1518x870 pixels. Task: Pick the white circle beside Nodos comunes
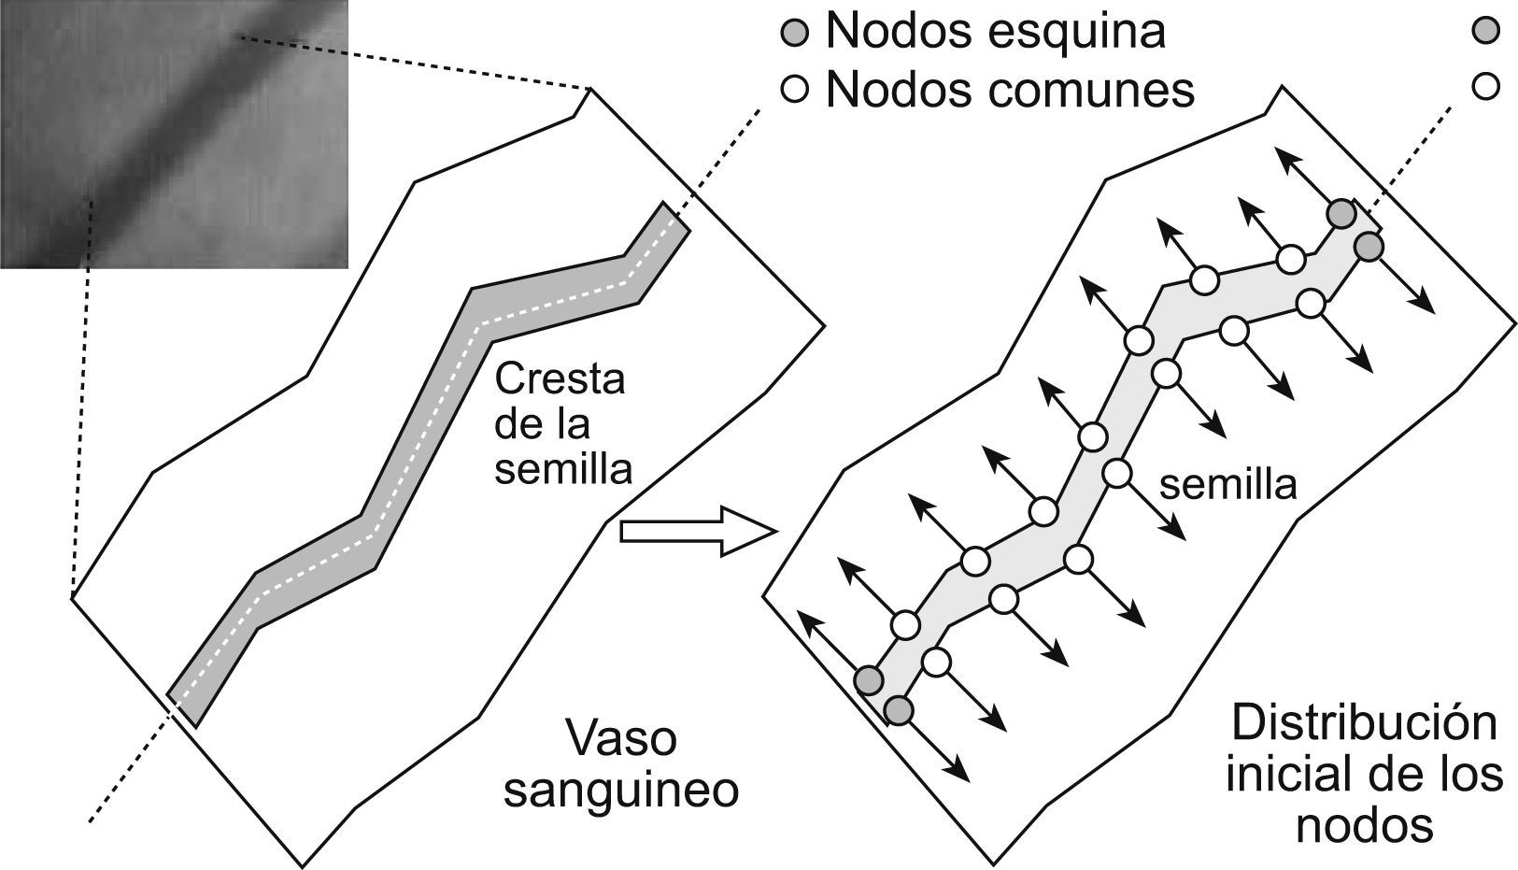794,90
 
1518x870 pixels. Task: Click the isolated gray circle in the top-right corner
1484,31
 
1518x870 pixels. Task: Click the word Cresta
560,380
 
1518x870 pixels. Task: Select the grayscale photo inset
174,134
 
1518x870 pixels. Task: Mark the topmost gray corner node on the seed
1341,213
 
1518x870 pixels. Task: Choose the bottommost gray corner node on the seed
899,709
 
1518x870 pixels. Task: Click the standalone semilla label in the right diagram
1227,485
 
